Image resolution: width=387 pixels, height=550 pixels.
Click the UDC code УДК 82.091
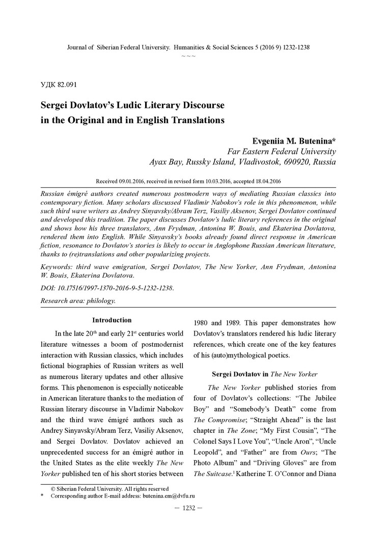coord(58,84)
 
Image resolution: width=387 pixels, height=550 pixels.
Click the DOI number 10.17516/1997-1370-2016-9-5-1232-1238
coord(116,288)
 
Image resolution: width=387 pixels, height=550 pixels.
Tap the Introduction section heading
coord(112,320)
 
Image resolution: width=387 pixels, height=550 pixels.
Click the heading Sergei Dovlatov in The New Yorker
coord(265,374)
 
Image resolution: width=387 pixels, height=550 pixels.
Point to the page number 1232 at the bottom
coord(189,508)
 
